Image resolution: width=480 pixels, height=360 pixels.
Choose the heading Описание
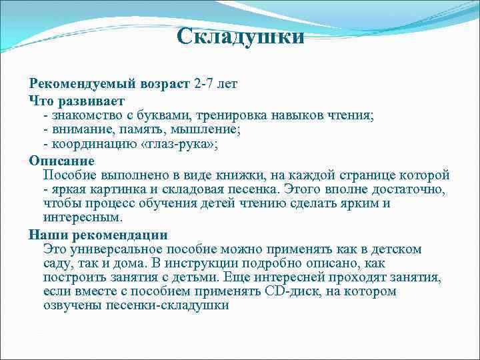click(62, 161)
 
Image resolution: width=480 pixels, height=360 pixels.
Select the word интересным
click(83, 217)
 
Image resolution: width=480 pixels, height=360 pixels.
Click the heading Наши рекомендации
click(98, 235)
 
